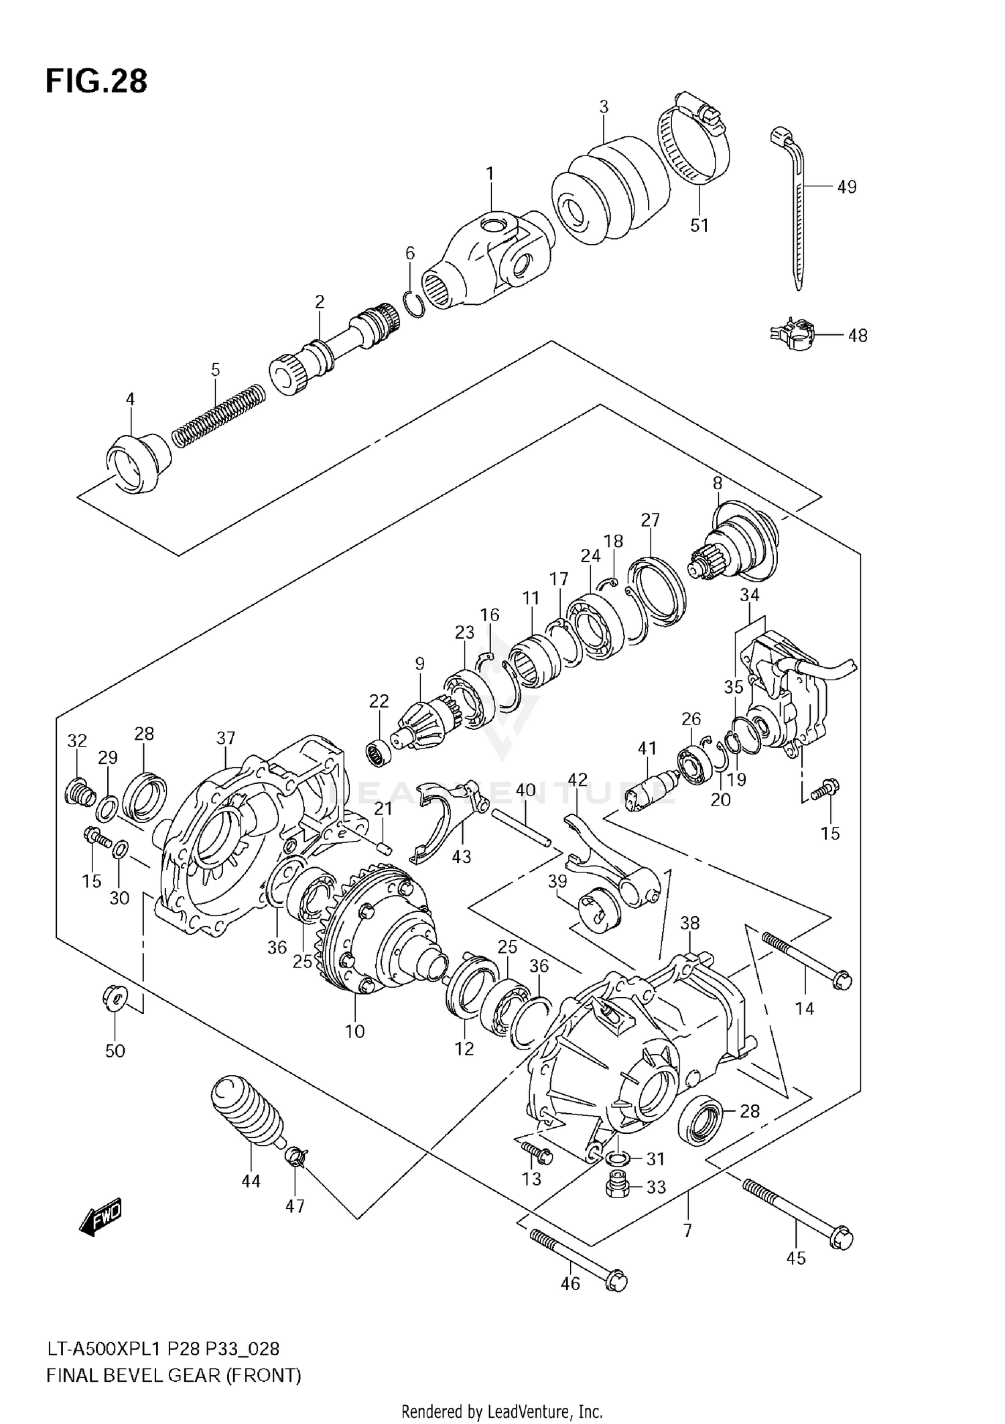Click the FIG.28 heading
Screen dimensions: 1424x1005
click(x=96, y=82)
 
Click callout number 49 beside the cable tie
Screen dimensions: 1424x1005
click(x=847, y=187)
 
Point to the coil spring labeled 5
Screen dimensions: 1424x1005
click(x=218, y=415)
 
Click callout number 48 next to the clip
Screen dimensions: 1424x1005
click(x=858, y=335)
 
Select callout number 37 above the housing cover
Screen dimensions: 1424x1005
click(x=226, y=738)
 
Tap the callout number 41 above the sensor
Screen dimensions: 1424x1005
click(x=647, y=748)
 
